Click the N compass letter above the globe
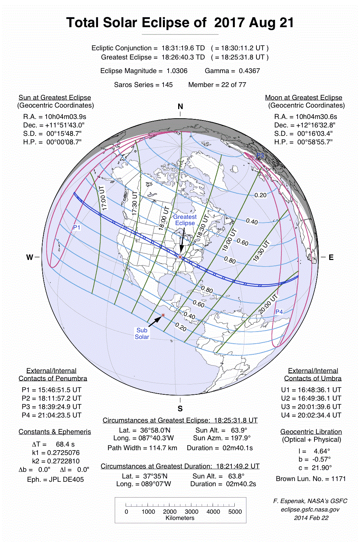180,106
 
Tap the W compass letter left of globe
29,257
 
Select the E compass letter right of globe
331,257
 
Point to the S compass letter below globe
180,409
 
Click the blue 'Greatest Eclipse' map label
185,220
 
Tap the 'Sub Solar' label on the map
142,333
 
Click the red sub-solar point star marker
163,315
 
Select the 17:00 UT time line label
103,198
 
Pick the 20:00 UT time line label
268,304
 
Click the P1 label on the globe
76,227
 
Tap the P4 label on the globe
279,312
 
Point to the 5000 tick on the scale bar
235,512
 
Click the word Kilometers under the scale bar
180,518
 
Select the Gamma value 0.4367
249,71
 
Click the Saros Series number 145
167,85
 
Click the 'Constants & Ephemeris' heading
55,432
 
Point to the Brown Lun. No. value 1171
338,479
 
